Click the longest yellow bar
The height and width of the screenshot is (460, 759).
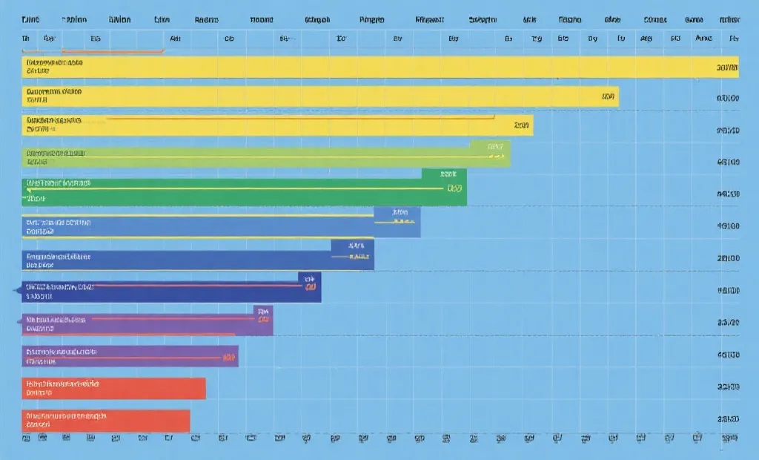[x=371, y=68]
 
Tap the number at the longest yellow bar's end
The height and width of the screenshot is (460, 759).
[x=728, y=68]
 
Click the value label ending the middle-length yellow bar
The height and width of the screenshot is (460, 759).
[x=609, y=96]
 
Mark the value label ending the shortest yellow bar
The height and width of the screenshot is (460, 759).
[x=522, y=125]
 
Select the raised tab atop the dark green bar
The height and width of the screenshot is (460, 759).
[x=444, y=174]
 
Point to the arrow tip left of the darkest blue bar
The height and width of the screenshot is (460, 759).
[x=17, y=290]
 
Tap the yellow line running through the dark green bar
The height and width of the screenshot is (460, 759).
[x=222, y=188]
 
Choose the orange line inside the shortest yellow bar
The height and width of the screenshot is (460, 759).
[x=296, y=117]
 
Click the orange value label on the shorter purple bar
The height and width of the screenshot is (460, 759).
[x=227, y=358]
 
